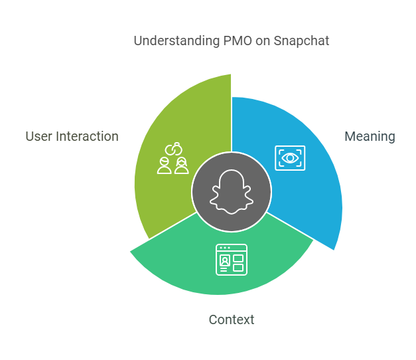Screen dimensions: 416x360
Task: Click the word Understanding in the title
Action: pos(176,41)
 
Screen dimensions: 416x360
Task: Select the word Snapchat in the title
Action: pos(301,41)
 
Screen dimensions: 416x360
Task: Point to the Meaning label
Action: pos(370,137)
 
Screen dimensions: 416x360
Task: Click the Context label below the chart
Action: pos(232,319)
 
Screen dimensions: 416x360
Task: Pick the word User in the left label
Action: pos(38,137)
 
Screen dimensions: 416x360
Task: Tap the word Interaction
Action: pos(87,137)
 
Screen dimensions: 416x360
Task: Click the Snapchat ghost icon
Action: pos(232,191)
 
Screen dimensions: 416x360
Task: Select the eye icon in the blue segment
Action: pos(290,158)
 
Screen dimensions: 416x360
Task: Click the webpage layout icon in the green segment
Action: pos(232,260)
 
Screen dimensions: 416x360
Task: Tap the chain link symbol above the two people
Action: pos(174,149)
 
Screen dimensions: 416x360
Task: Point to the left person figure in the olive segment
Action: pos(165,165)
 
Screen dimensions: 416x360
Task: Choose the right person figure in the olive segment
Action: pos(182,165)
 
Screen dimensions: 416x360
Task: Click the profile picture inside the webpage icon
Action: pos(225,260)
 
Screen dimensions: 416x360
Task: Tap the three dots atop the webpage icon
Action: pos(225,248)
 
